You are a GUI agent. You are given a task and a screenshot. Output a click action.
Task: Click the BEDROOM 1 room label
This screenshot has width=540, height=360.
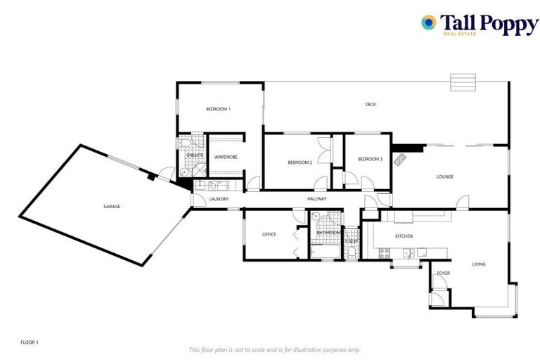pos(218,109)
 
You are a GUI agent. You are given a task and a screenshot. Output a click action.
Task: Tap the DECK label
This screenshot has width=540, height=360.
pos(371,105)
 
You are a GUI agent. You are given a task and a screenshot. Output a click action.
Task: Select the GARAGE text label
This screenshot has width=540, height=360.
pos(112,207)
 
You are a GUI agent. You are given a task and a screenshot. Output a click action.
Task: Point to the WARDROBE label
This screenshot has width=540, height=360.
pos(226,157)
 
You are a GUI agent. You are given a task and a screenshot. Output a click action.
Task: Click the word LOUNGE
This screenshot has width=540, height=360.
pos(444,177)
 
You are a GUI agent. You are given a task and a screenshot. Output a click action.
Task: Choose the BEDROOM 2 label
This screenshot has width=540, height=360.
pos(300,162)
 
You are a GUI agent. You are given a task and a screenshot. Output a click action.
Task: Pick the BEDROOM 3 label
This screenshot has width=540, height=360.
pos(370,159)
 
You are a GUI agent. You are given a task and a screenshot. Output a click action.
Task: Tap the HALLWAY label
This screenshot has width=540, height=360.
pos(317,200)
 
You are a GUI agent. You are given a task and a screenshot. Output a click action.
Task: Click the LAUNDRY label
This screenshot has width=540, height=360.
pos(219,200)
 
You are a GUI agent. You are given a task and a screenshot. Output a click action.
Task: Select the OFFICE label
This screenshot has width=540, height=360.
pos(269,234)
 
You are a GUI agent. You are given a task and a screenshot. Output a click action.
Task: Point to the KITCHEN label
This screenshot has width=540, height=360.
pos(403,236)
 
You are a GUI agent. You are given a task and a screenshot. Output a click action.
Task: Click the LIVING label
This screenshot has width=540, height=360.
pos(478,264)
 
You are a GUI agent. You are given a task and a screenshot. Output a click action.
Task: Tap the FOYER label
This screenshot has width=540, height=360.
pos(444,273)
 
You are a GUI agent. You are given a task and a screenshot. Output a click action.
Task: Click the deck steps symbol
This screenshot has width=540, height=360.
pos(463,79)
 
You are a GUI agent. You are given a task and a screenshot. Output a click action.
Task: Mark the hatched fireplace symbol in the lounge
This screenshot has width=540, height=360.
pos(401,158)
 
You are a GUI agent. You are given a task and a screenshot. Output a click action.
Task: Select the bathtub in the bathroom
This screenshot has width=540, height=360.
pos(324,250)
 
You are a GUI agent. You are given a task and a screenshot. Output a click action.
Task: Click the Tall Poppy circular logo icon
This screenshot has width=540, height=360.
pos(428,22)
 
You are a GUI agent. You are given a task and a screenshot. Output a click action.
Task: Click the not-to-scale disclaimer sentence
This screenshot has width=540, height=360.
pos(275,349)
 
